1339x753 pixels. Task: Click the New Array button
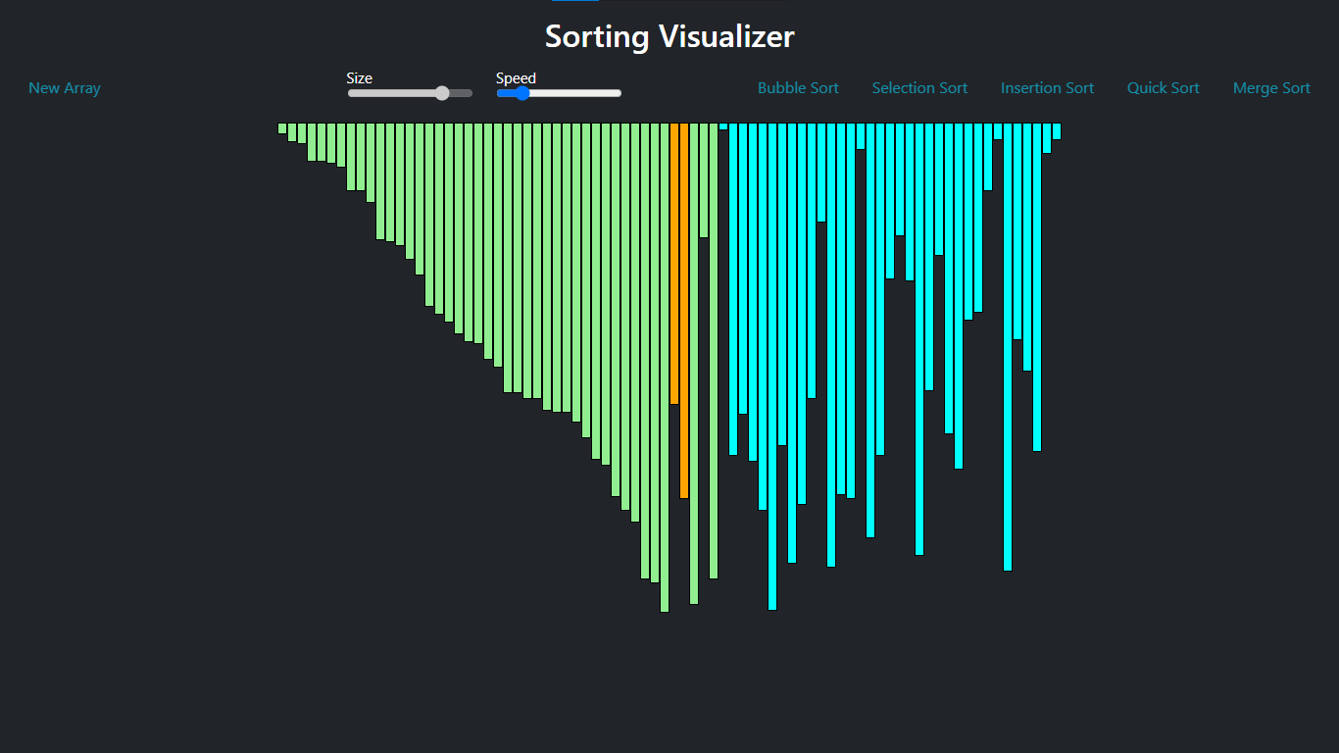[x=65, y=88]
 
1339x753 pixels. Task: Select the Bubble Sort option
[x=798, y=88]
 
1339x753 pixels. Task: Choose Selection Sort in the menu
[x=919, y=88]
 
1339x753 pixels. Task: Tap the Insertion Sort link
[x=1047, y=88]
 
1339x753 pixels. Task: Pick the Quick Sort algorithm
[x=1163, y=88]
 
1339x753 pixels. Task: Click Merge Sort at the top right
[x=1271, y=88]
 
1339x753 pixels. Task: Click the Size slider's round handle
[x=442, y=93]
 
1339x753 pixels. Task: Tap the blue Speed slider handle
[x=521, y=93]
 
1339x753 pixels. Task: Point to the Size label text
[x=360, y=78]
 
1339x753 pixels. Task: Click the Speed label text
[x=516, y=78]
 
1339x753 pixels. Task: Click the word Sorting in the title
[x=597, y=37]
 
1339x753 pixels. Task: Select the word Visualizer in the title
[x=726, y=37]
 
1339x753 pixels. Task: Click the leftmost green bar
[x=282, y=127]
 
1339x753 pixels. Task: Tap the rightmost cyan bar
[x=1057, y=130]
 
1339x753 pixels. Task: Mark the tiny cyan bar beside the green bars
[x=723, y=125]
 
